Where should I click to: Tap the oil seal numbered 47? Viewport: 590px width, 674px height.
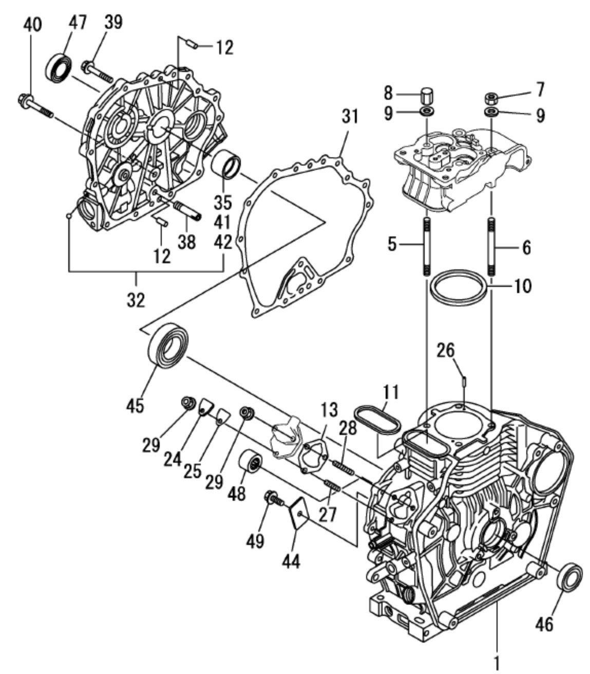(61, 65)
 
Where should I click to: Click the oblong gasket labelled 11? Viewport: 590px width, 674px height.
(377, 418)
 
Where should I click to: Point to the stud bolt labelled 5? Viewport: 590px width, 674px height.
(426, 247)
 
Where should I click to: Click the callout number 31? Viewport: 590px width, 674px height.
(350, 117)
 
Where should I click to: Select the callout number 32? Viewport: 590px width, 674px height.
(136, 299)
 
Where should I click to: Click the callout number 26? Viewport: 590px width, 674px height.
(445, 351)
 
